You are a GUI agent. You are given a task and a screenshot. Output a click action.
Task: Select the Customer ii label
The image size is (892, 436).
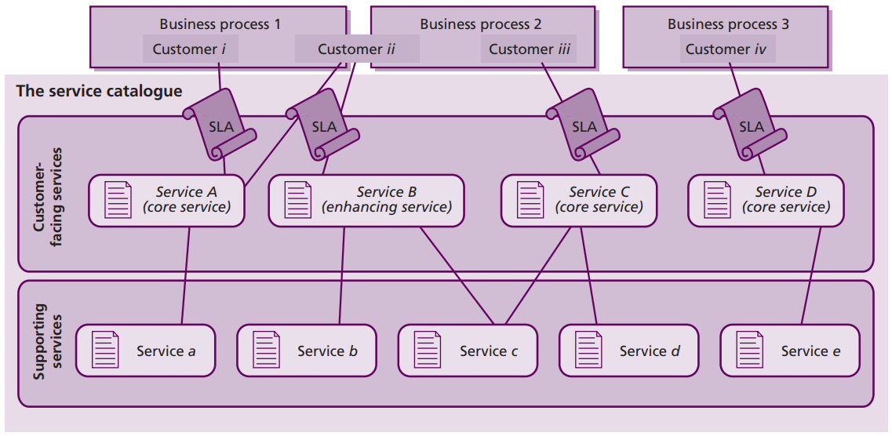coord(356,49)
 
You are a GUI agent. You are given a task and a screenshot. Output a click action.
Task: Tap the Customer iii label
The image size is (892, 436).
coord(530,49)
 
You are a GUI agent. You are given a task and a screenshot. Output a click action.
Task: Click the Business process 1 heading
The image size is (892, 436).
coord(220,24)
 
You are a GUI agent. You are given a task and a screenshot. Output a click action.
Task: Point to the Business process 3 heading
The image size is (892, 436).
coord(728,24)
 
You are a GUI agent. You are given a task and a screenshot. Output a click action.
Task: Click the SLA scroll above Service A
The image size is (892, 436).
coord(220,125)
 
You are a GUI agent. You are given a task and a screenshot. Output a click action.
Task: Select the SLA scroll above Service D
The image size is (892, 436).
coord(750,125)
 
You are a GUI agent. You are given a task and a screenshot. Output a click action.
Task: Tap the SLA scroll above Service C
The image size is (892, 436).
coord(583,125)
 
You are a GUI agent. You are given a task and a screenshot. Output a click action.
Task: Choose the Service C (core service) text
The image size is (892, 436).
coord(599,200)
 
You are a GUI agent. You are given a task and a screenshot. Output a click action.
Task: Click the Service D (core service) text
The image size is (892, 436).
coord(785,200)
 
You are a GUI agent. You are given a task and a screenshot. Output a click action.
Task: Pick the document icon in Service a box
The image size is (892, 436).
coord(106,350)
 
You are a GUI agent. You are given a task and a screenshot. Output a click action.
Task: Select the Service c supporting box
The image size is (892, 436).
coord(468,351)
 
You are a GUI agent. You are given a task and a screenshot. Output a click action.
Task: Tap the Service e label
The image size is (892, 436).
coord(810,351)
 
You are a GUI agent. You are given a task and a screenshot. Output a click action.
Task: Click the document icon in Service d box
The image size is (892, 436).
coord(589,350)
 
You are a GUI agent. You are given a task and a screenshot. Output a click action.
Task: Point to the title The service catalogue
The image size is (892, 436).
coord(99,91)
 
